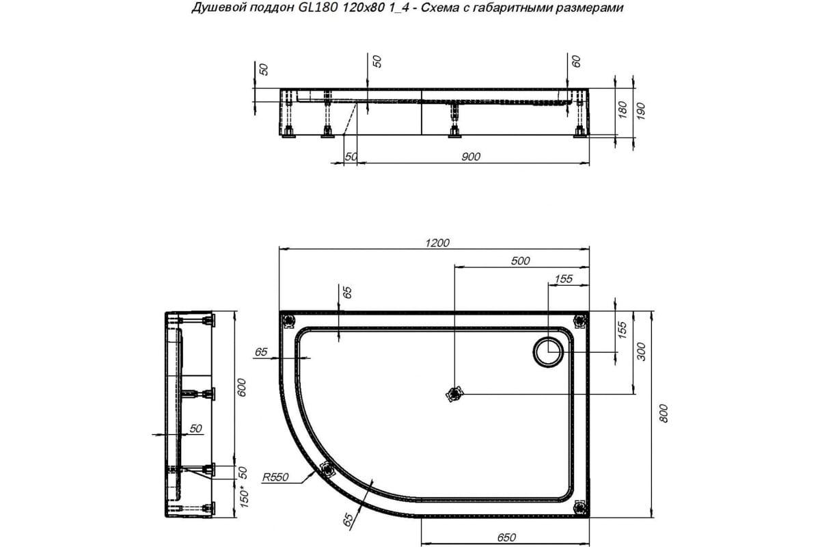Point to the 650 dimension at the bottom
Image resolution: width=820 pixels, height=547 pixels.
[x=506, y=537]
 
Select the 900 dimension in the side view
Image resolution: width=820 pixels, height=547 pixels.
[x=471, y=157]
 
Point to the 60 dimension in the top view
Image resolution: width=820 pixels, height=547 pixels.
[x=576, y=61]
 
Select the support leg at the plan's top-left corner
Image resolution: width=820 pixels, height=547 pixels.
[x=288, y=319]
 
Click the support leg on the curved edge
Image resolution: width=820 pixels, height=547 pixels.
[x=327, y=469]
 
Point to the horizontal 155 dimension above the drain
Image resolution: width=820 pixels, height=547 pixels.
[x=563, y=278]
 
